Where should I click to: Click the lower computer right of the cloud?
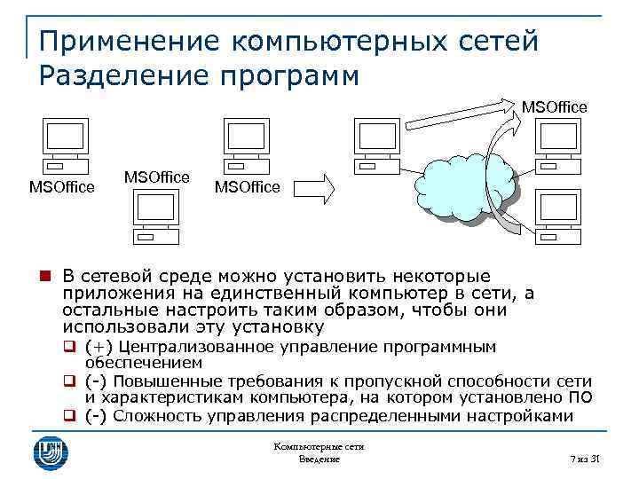point(558,214)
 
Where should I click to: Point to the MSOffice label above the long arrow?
point(554,107)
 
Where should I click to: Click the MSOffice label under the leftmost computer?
point(62,187)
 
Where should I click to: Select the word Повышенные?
point(165,381)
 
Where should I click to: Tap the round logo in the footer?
point(51,450)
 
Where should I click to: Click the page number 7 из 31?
point(585,459)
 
